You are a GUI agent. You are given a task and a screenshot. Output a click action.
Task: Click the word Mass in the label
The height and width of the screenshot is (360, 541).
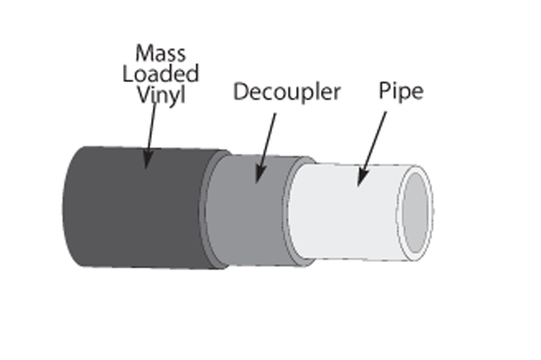tap(161, 53)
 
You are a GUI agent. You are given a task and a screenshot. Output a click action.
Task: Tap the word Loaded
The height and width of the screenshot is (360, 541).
tap(161, 74)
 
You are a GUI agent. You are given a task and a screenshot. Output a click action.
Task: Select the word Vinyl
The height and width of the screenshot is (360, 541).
tap(161, 95)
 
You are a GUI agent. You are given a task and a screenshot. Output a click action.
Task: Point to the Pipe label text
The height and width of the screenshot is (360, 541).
tap(401, 91)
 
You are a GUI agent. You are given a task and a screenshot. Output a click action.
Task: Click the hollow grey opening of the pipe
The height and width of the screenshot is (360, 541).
tap(418, 212)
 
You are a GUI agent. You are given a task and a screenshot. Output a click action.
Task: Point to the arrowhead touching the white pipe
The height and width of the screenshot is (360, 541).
tap(360, 179)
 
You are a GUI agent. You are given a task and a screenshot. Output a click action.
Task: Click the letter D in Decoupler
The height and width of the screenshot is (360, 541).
tap(240, 92)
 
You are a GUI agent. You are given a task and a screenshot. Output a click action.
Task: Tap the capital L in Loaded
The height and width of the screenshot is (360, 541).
tap(128, 74)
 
